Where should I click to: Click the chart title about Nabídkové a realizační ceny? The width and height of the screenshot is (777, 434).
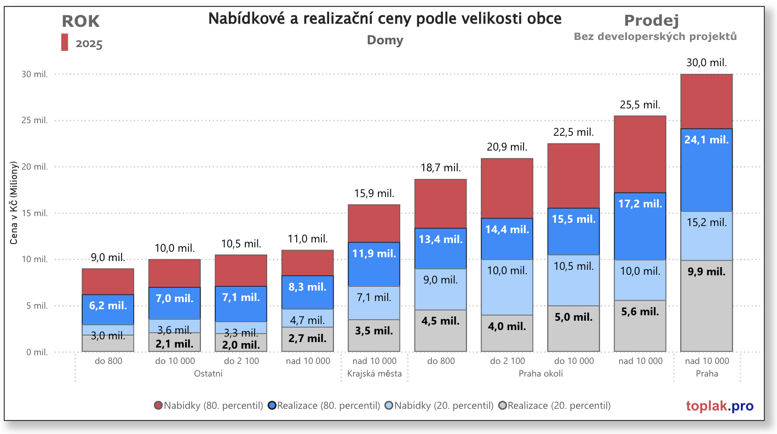(x=384, y=19)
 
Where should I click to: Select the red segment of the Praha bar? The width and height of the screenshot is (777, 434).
(x=706, y=101)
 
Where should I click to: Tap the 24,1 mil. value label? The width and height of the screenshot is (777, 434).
(x=706, y=140)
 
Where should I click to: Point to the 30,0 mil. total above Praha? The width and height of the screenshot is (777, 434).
(x=706, y=63)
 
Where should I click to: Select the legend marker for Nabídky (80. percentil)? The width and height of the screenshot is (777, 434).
(x=159, y=406)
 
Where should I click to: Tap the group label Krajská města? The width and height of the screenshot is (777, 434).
(x=375, y=374)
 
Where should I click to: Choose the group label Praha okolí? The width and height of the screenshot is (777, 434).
(x=540, y=374)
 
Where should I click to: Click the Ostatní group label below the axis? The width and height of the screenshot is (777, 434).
(x=208, y=374)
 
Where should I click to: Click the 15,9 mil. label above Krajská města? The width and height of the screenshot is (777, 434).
(x=375, y=193)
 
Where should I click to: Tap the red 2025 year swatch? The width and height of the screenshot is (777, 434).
(x=65, y=43)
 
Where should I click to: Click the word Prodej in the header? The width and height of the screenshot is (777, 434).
(x=652, y=21)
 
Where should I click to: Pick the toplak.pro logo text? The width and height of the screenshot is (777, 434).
(x=720, y=406)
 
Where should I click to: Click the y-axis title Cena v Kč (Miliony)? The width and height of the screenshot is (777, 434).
(x=15, y=210)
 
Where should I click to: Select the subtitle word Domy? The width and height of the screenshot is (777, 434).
(x=384, y=40)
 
